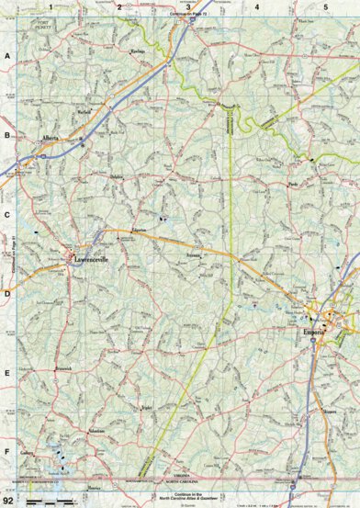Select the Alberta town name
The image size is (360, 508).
coord(49,140)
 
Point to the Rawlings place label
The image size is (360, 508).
coord(140,52)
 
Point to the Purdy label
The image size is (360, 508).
coord(294,185)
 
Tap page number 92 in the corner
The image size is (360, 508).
coord(8,499)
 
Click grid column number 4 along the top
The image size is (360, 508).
coord(256,7)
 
